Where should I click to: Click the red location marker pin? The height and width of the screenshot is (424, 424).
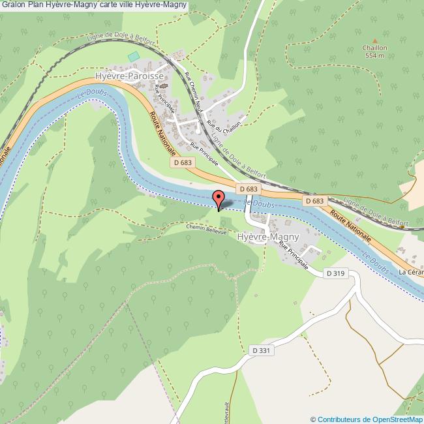pyautogui.click(x=219, y=199)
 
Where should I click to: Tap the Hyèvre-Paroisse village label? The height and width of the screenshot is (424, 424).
pyautogui.click(x=129, y=76)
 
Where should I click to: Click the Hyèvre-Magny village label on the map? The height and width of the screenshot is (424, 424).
pyautogui.click(x=268, y=237)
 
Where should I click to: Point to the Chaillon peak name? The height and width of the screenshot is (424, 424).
pyautogui.click(x=375, y=48)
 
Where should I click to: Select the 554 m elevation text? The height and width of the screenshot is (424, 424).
pyautogui.click(x=375, y=56)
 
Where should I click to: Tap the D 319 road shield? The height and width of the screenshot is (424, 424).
pyautogui.click(x=334, y=273)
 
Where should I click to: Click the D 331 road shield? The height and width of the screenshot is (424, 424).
pyautogui.click(x=261, y=351)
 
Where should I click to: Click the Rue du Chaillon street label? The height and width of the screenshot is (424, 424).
pyautogui.click(x=224, y=116)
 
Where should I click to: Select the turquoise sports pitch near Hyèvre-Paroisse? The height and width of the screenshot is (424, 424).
pyautogui.click(x=134, y=57)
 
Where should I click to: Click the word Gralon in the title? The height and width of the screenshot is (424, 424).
pyautogui.click(x=13, y=5)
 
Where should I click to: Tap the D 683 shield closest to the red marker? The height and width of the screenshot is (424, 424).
pyautogui.click(x=249, y=189)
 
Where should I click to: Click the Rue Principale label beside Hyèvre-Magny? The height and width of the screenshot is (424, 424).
pyautogui.click(x=294, y=255)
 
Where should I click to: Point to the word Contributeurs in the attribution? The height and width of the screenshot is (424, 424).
pyautogui.click(x=339, y=419)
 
